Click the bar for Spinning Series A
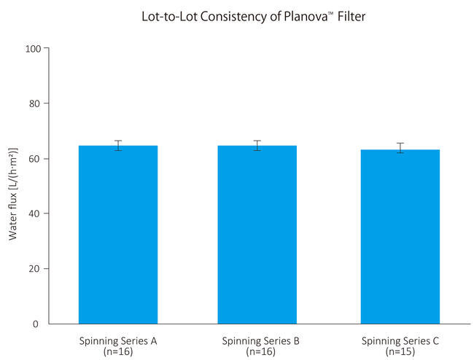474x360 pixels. (x=118, y=235)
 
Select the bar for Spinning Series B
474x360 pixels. (x=257, y=235)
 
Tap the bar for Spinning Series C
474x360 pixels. (x=400, y=237)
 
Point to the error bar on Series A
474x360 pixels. (x=118, y=146)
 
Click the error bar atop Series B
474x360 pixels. (x=257, y=146)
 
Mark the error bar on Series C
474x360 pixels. (x=400, y=148)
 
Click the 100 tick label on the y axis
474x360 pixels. (x=33, y=49)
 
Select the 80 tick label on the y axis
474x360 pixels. (x=35, y=103)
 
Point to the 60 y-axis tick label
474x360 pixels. (x=35, y=159)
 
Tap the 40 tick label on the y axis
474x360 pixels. (x=35, y=214)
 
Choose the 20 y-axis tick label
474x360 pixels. (x=35, y=268)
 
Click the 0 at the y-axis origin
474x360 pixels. (x=36, y=324)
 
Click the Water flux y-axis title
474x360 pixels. (x=13, y=194)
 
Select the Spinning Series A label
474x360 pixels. (x=118, y=341)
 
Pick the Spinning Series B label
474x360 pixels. (x=260, y=341)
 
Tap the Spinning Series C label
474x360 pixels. (x=400, y=341)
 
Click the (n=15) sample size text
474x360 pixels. (x=400, y=351)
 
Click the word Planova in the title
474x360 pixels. (x=306, y=16)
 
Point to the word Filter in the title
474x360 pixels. (x=351, y=16)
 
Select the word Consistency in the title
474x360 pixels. (x=233, y=17)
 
